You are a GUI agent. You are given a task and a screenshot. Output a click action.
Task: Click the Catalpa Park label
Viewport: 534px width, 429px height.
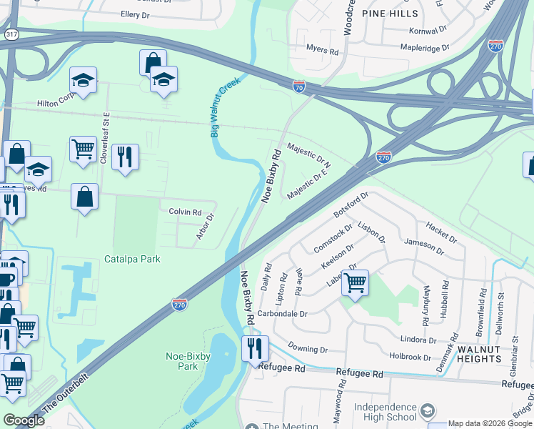[132, 259]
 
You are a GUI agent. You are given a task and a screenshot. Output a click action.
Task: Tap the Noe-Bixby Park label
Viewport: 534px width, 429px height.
[181, 360]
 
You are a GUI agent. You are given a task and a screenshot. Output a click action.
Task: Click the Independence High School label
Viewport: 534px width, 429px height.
[385, 412]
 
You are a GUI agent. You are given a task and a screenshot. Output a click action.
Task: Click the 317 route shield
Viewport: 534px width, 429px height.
[11, 34]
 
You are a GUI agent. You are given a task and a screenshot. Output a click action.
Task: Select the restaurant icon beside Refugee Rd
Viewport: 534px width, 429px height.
[255, 349]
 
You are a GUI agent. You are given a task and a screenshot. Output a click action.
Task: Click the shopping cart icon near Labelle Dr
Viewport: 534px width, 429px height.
[355, 283]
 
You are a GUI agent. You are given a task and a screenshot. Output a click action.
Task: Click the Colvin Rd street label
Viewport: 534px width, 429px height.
[185, 212]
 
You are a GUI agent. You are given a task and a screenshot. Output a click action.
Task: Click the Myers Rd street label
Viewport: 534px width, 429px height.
[322, 51]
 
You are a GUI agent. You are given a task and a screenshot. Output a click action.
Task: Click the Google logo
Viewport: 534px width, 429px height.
[24, 420]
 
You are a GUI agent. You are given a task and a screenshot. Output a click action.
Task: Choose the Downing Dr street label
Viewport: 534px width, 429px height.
[308, 350]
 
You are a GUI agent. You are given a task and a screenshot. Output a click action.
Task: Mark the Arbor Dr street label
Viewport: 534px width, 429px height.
[206, 227]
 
